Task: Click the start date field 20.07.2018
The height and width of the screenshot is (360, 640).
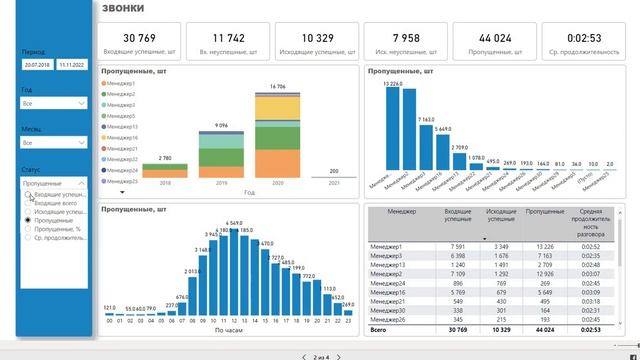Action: tap(37, 63)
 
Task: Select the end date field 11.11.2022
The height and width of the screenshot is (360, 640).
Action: tap(73, 63)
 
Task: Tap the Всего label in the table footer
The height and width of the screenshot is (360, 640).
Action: tap(378, 329)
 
